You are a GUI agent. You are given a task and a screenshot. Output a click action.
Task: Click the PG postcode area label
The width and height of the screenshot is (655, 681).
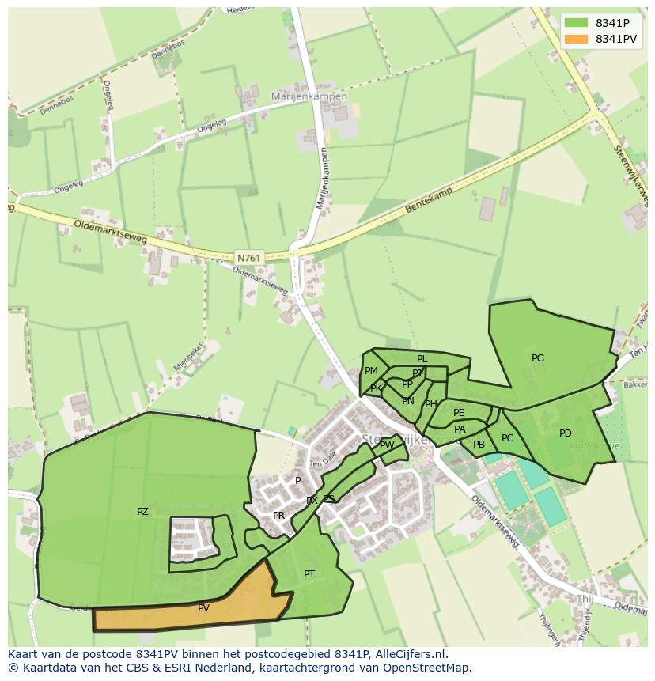(x=538, y=358)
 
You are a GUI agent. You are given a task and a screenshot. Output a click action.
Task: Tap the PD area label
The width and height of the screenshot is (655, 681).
(x=565, y=433)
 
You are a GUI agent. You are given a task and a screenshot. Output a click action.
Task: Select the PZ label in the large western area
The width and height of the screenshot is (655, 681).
(x=142, y=512)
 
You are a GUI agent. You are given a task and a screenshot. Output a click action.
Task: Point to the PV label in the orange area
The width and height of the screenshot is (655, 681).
(x=203, y=608)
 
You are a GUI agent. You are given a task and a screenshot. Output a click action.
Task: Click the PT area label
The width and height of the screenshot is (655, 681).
(x=309, y=573)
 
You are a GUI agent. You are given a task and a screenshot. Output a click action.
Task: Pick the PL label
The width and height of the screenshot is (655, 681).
(x=422, y=359)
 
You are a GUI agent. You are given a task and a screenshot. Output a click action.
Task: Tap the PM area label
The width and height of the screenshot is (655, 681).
(x=371, y=371)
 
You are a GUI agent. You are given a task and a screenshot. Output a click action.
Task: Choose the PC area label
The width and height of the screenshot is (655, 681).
(x=507, y=438)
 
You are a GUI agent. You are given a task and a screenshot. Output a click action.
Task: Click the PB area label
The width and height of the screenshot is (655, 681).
(x=479, y=445)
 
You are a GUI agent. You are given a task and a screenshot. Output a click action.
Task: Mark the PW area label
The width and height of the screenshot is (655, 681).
(x=387, y=445)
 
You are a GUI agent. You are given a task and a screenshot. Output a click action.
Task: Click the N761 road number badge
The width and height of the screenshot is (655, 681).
(x=247, y=257)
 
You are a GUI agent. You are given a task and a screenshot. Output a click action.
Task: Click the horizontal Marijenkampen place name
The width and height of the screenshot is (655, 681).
(x=309, y=96)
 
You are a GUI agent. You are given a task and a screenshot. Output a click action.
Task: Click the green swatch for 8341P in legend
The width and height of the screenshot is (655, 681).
(x=576, y=22)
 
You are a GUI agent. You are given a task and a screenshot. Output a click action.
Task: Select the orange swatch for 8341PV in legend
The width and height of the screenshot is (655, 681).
(x=576, y=39)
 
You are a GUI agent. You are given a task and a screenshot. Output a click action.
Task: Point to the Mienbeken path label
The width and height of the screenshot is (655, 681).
(x=187, y=359)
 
